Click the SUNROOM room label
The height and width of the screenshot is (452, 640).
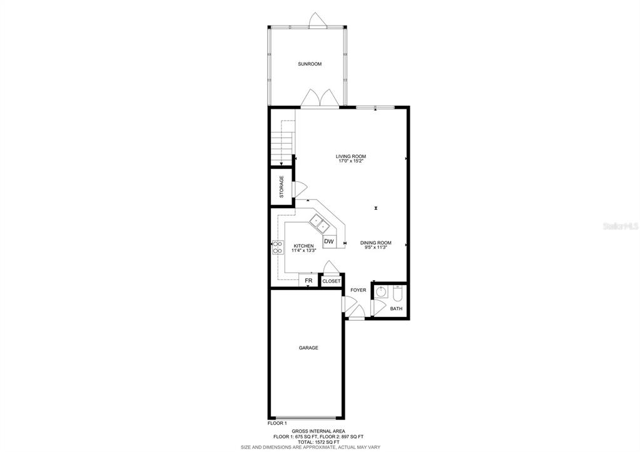coord(310,64)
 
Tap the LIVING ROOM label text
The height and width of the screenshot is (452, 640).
coord(350,156)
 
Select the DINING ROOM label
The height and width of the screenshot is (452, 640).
coord(375,243)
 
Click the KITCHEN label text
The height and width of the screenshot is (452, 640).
coord(303,246)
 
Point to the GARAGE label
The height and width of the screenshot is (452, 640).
coord(308,348)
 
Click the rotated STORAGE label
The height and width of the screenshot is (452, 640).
coord(282,187)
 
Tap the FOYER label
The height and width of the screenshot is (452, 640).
coord(358,290)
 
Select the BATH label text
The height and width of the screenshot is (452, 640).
coord(396,308)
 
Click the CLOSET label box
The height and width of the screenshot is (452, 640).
coord(331,281)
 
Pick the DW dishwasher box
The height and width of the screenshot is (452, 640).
coord(329,241)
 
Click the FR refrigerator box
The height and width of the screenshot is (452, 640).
coord(308,281)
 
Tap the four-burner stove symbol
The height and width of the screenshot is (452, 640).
coord(278,248)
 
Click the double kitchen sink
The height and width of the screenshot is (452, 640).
coord(320,223)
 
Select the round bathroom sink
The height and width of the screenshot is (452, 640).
coord(381,292)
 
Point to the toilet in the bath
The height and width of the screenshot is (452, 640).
coord(397,291)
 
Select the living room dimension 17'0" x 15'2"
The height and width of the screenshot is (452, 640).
coord(350,161)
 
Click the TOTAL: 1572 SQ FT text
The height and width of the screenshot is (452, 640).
coord(318,442)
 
